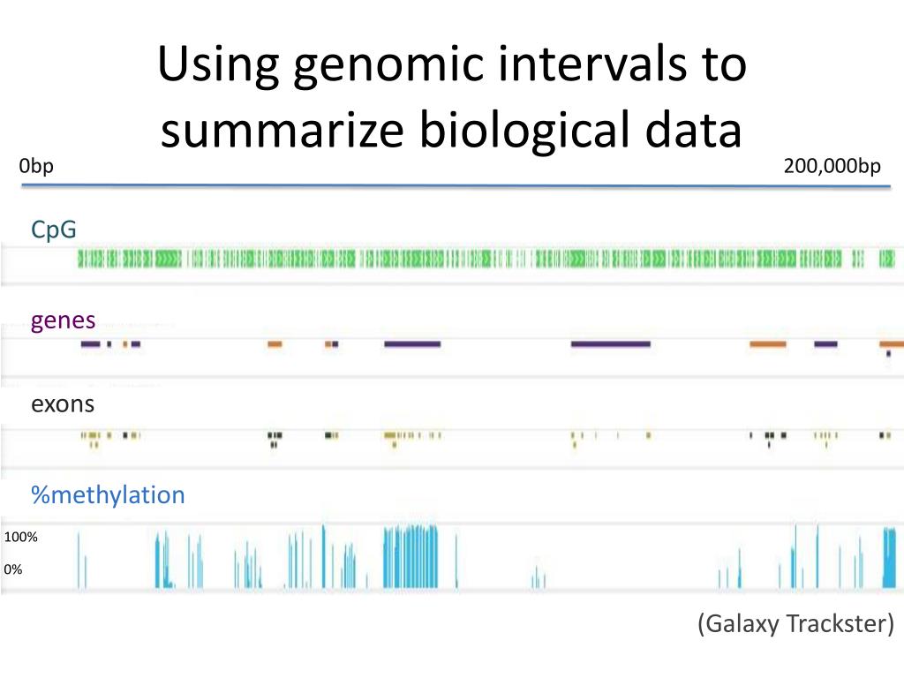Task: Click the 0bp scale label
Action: pyautogui.click(x=36, y=166)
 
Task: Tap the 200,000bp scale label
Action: pyautogui.click(x=832, y=166)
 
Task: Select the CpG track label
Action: pyautogui.click(x=54, y=230)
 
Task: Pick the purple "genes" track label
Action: pyautogui.click(x=63, y=320)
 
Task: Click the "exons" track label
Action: pyautogui.click(x=63, y=404)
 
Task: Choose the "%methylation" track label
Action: pyautogui.click(x=108, y=494)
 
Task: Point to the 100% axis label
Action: pyautogui.click(x=20, y=537)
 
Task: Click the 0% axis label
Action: pyautogui.click(x=13, y=569)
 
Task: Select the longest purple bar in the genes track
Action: pyautogui.click(x=610, y=343)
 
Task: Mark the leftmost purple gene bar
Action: pyautogui.click(x=90, y=343)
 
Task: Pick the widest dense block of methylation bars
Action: pyautogui.click(x=411, y=556)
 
